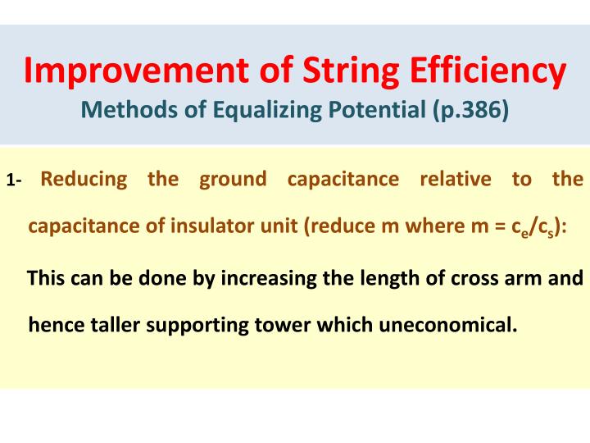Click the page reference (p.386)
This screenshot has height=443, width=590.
(x=470, y=110)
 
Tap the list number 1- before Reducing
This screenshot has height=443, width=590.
(x=16, y=180)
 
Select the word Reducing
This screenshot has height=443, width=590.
(x=84, y=179)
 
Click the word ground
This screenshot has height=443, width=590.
(x=234, y=179)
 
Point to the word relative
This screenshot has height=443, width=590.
(x=454, y=179)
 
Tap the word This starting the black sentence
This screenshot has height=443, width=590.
(x=45, y=278)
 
